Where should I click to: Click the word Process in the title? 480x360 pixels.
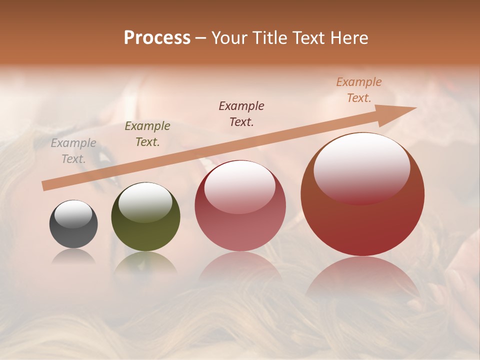point(157,38)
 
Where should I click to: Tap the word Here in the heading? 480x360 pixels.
point(349,38)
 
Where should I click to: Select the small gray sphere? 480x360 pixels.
point(73,224)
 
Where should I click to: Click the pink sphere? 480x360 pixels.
point(240,206)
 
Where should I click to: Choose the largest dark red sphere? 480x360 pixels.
point(362,194)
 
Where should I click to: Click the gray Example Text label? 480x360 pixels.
point(73,151)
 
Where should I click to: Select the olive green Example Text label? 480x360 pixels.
point(147,134)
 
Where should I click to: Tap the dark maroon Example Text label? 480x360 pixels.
point(241,114)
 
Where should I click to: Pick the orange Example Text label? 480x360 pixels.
point(359,90)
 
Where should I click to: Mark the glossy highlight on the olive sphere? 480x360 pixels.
point(145,202)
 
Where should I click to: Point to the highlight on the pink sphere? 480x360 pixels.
point(239,188)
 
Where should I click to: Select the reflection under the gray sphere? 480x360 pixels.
point(73,256)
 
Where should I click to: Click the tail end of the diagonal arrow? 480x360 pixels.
point(46,185)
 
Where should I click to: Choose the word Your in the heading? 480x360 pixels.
point(229,38)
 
